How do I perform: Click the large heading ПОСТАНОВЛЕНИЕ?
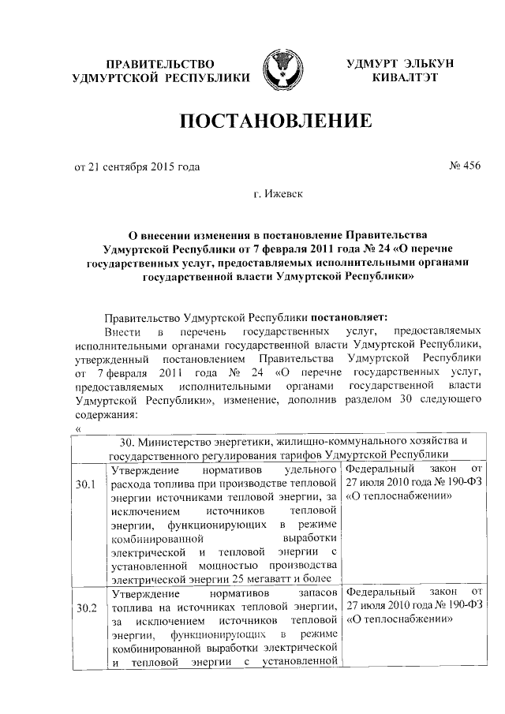coord(276,122)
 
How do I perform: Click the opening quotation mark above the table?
coord(77,428)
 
